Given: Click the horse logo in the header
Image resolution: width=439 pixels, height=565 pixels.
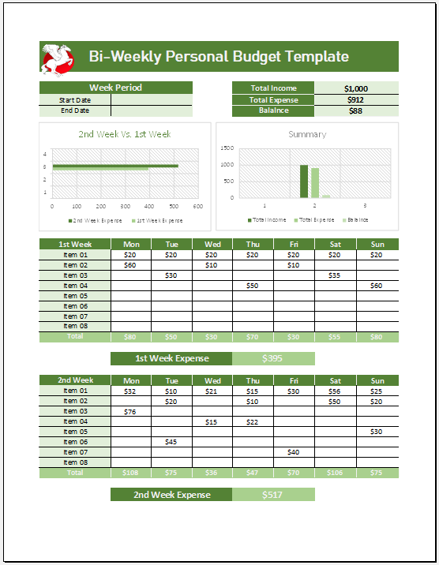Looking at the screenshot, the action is (x=57, y=58).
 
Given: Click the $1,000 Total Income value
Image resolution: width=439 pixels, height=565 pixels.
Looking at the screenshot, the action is (x=356, y=89).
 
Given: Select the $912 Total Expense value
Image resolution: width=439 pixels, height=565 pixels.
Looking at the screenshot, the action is (x=356, y=100).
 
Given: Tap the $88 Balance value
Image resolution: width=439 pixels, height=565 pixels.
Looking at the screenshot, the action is (x=356, y=111).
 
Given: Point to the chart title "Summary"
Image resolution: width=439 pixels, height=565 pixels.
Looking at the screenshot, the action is (x=307, y=134).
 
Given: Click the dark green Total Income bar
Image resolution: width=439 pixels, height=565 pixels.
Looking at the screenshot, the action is (x=303, y=181).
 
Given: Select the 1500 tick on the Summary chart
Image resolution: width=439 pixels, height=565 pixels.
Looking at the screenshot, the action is (x=227, y=148).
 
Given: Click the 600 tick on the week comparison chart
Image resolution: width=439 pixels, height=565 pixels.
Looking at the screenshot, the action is (x=197, y=206).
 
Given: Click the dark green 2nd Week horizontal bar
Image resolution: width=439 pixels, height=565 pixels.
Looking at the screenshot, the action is (x=115, y=166).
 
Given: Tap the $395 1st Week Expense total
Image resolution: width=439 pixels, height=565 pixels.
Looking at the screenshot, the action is (x=273, y=359).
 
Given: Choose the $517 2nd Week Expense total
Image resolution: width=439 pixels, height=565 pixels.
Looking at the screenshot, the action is (x=273, y=495).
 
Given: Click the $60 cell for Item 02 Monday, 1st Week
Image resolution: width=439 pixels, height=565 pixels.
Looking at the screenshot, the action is (x=130, y=265).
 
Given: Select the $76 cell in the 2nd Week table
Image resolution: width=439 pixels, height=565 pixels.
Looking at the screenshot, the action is (x=130, y=411).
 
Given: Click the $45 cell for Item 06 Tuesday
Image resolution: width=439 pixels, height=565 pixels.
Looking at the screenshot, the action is (x=171, y=442).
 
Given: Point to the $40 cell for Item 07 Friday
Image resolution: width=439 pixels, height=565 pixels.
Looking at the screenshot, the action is (x=294, y=452).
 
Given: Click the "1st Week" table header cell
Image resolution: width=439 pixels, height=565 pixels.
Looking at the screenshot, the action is (x=75, y=245).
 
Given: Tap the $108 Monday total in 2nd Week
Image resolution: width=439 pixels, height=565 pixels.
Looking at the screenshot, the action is (x=130, y=473).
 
